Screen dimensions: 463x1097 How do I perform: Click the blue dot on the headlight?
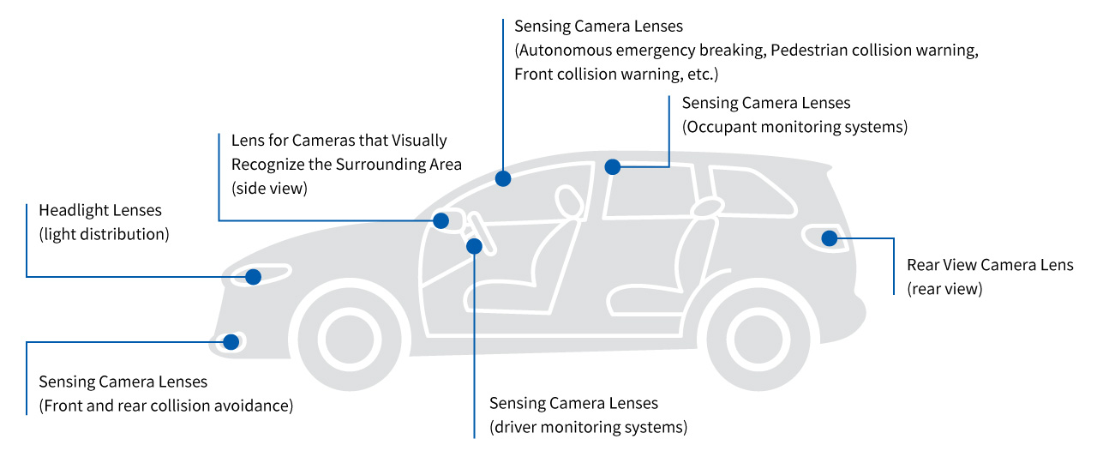[x=253, y=277]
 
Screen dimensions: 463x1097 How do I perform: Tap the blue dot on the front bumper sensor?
[x=231, y=342]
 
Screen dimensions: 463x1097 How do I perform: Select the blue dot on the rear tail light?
[x=829, y=238]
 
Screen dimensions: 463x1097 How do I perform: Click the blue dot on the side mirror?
[x=441, y=220]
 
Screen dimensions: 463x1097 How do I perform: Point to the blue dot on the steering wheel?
[x=474, y=247]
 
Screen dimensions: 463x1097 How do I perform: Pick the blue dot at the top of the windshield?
[x=503, y=178]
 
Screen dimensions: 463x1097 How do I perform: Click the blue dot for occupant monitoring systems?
[x=612, y=167]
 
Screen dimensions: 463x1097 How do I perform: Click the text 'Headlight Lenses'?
[x=100, y=210]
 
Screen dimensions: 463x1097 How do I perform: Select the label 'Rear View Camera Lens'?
[x=990, y=265]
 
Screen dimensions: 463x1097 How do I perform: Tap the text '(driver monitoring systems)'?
[x=588, y=427]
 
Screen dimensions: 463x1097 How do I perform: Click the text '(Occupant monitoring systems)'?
[x=794, y=127]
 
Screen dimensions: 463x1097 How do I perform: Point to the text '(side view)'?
[x=269, y=188]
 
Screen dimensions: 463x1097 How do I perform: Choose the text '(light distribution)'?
[x=104, y=233]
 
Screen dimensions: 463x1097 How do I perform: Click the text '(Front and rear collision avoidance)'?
[x=166, y=406]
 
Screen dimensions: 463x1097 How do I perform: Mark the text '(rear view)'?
[x=944, y=289]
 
